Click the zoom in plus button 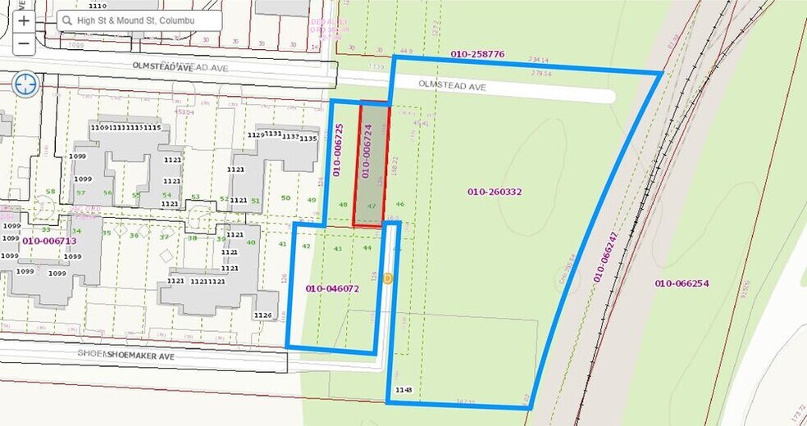[24, 20]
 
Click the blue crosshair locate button [25, 83]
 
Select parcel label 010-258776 [476, 54]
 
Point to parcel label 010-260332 [495, 192]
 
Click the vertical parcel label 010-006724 [368, 151]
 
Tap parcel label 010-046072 [332, 288]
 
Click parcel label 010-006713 [49, 241]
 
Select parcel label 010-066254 [681, 283]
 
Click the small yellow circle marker [388, 279]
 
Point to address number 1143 [403, 389]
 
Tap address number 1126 [263, 315]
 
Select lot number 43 [337, 248]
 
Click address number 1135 [308, 138]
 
